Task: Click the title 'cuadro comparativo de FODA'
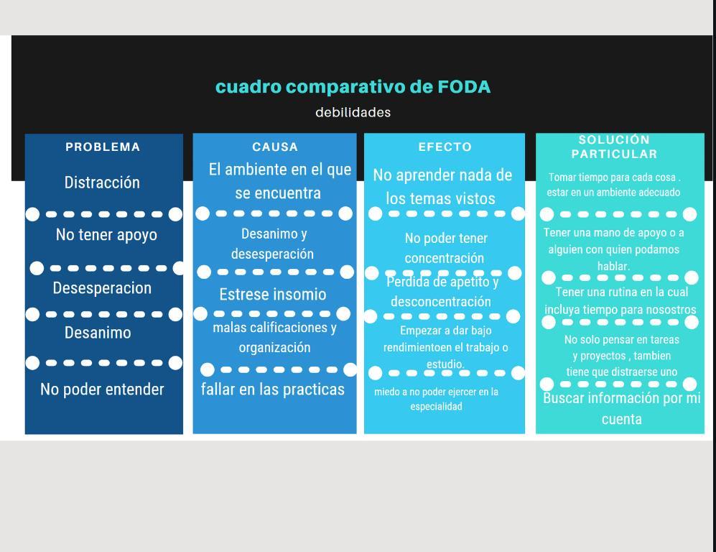tap(353, 87)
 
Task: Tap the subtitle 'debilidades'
tap(353, 112)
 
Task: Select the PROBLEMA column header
tap(103, 147)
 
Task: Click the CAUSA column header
tap(275, 147)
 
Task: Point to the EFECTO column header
tap(445, 147)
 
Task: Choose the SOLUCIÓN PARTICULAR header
tap(614, 147)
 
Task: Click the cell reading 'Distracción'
tap(102, 183)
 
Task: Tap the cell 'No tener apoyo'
tap(106, 235)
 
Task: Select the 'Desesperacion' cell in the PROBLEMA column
tap(102, 288)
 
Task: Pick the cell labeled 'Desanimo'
tap(98, 333)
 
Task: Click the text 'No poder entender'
tap(102, 390)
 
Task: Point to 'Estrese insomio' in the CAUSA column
tap(273, 295)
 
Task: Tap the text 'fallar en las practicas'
tap(273, 390)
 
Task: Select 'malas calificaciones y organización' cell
tap(274, 338)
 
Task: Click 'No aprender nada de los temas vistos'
tap(442, 187)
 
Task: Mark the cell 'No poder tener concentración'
tap(445, 248)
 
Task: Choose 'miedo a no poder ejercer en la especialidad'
tap(437, 399)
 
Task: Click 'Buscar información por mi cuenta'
tap(621, 408)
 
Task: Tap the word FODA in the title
tap(464, 87)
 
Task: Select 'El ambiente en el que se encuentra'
tap(279, 181)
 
